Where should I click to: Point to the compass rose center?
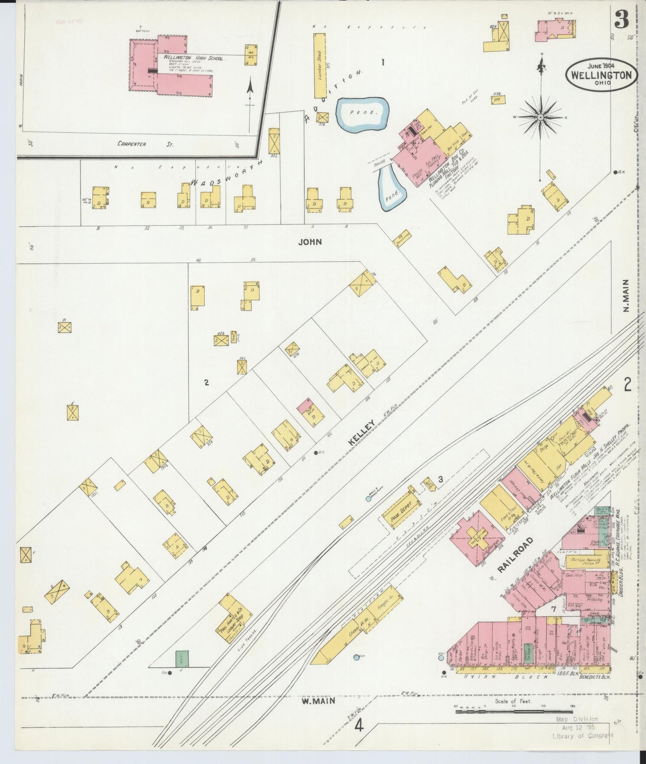tap(540, 117)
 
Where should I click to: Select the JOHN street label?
tap(311, 242)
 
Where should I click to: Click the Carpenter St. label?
tap(145, 144)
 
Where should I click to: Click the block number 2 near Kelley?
tap(207, 382)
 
